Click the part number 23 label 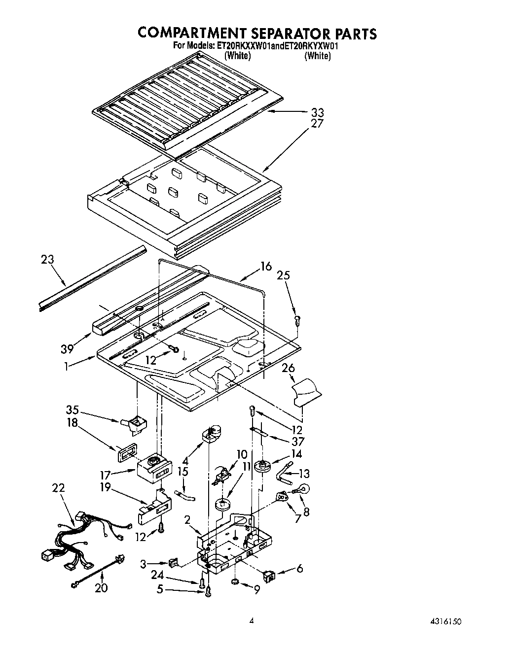click(x=47, y=259)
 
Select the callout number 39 click(x=67, y=349)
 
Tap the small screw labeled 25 click(x=297, y=320)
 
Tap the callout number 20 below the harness click(x=101, y=587)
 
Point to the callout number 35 click(x=73, y=409)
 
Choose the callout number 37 click(x=297, y=442)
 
